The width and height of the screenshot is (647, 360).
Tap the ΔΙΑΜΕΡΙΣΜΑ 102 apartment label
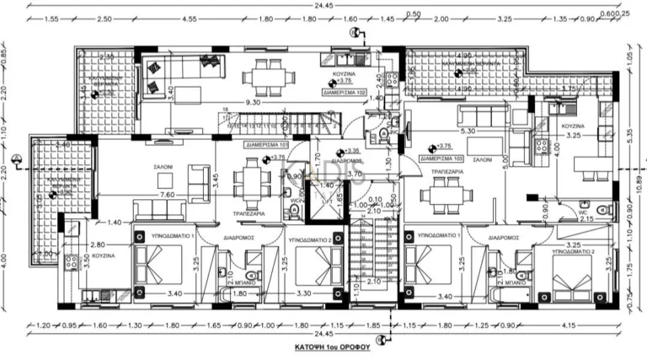coord(344,90)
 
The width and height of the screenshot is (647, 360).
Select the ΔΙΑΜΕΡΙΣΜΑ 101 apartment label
coord(266,144)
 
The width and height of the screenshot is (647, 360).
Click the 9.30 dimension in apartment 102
coord(253,103)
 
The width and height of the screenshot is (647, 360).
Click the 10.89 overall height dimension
coord(639,182)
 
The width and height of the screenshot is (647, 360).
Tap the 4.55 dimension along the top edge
coord(189,18)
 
